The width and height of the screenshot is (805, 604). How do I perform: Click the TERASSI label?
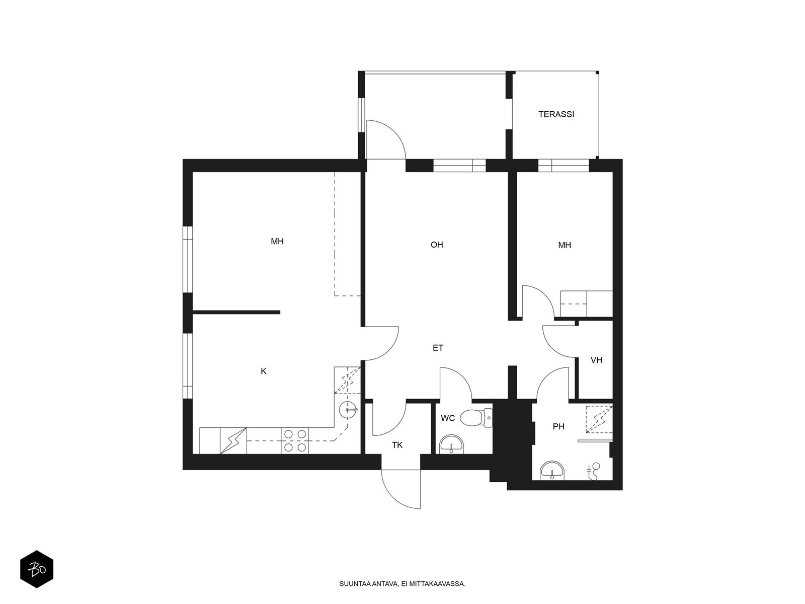point(556,114)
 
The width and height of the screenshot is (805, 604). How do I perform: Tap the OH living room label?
point(436,245)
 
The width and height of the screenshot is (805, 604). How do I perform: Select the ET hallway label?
point(438,348)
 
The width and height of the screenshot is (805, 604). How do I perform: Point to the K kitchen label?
point(263,371)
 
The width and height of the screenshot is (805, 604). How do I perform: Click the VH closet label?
point(596,360)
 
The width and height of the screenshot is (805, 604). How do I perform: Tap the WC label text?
point(448,418)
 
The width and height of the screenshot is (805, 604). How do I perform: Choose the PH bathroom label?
point(558,426)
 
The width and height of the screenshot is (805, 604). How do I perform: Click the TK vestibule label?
point(397,445)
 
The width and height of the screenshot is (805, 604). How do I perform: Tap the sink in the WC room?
point(451,445)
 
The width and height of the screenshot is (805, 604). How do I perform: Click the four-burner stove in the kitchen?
point(295,440)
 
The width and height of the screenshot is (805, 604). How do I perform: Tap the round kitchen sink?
point(347,410)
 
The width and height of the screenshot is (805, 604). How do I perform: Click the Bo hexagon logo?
point(37,569)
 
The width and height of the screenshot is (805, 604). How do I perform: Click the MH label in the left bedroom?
point(277,241)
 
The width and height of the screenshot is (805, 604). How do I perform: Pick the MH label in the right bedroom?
point(565,245)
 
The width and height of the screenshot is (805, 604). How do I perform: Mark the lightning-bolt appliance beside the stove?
point(233,440)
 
